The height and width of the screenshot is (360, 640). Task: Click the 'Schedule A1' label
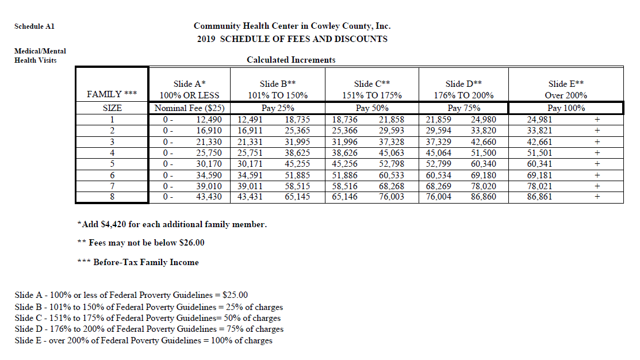(x=34, y=26)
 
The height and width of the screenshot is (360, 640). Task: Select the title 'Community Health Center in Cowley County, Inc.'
(x=292, y=26)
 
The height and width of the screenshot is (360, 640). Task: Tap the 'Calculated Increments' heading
(x=291, y=60)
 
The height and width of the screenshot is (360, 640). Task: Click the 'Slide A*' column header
(x=189, y=84)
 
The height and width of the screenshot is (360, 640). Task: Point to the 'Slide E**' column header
(x=566, y=84)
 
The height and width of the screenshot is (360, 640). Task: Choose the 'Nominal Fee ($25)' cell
(x=189, y=108)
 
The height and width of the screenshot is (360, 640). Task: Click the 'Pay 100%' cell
(x=566, y=108)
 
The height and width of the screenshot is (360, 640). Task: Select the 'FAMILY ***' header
(x=112, y=94)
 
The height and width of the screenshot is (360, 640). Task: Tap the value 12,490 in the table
(x=209, y=120)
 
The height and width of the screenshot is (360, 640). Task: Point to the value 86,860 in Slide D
(x=484, y=197)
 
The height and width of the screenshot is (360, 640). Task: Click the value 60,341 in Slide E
(x=539, y=164)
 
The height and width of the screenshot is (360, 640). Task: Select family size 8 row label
(x=112, y=197)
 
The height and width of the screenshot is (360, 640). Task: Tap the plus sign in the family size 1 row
(x=597, y=120)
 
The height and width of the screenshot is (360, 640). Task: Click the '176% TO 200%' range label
(x=463, y=95)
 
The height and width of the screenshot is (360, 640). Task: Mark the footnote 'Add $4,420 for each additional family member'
(x=172, y=224)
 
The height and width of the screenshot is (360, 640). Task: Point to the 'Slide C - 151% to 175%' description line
(x=148, y=318)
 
